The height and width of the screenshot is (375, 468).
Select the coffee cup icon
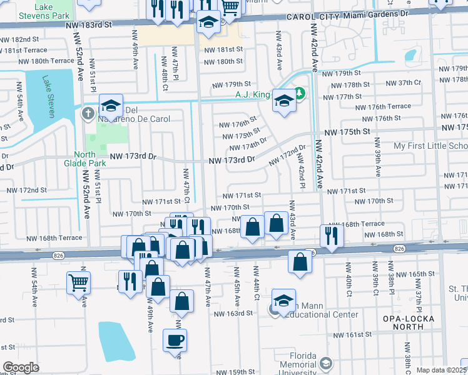[175, 341]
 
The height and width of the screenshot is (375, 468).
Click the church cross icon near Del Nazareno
[88, 113]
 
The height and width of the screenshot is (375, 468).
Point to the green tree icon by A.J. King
[300, 94]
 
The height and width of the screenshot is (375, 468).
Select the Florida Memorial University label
[298, 368]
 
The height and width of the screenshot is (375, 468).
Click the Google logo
[20, 367]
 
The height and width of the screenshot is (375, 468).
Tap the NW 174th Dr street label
[248, 144]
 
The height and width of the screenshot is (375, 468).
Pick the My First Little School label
[430, 146]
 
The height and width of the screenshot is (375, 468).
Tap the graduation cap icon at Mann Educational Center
[283, 301]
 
